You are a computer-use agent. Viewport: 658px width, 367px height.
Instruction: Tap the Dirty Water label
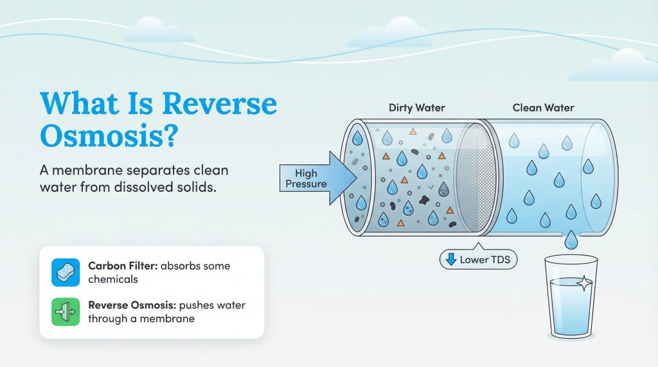pyautogui.click(x=417, y=108)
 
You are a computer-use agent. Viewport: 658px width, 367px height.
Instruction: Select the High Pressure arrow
pyautogui.click(x=315, y=178)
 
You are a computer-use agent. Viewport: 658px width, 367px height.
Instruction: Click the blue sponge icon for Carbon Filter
pyautogui.click(x=65, y=272)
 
